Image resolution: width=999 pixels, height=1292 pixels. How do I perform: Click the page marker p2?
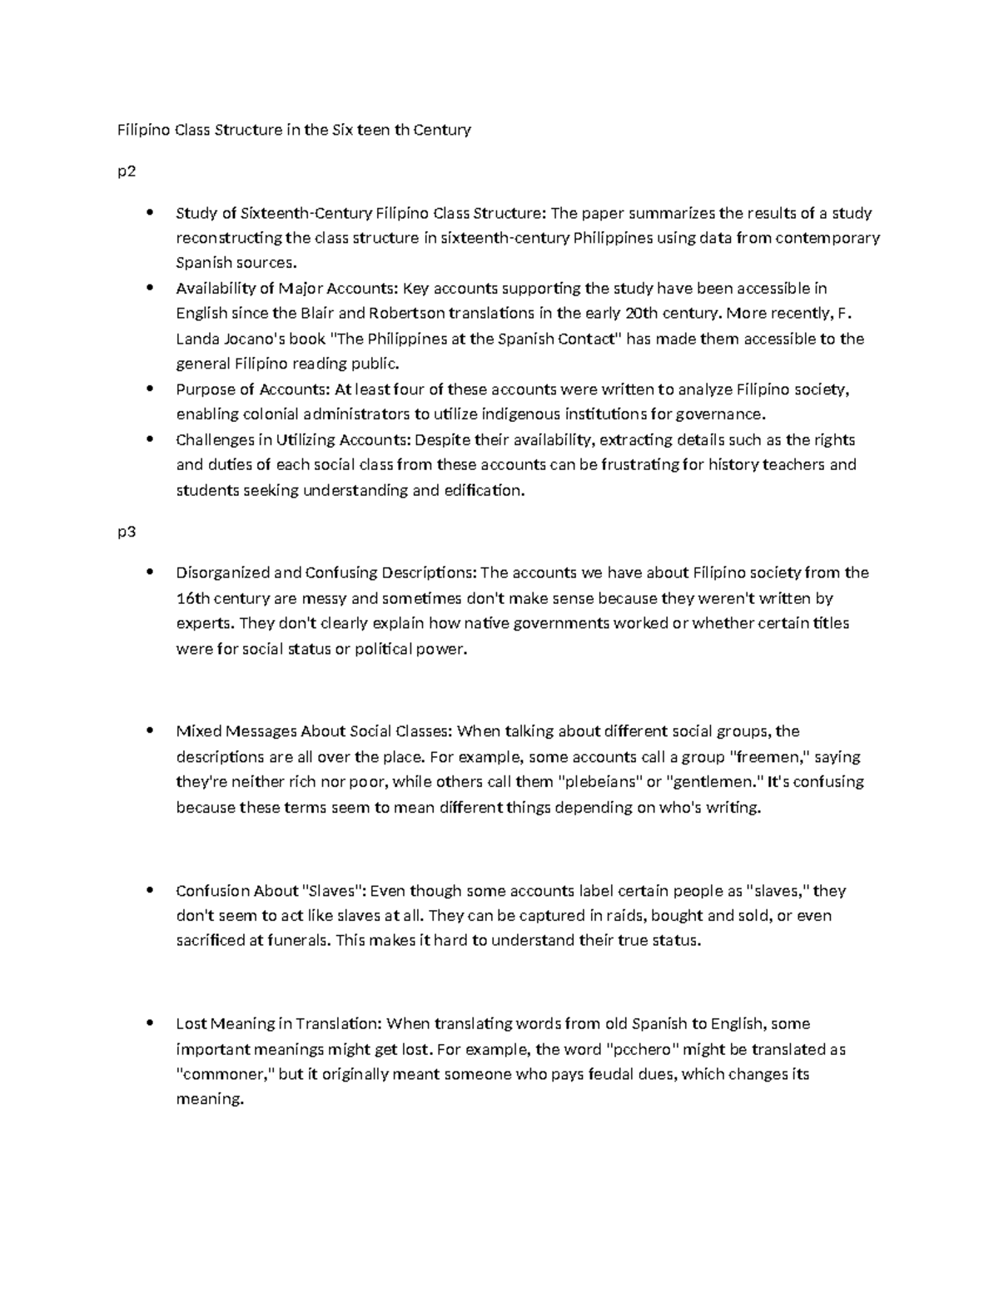127,172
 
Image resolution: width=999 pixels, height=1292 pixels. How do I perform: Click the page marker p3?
127,532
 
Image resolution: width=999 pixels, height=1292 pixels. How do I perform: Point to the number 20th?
629,314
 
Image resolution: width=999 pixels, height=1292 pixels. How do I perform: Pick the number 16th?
192,598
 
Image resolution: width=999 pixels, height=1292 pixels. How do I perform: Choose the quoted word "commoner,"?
225,1074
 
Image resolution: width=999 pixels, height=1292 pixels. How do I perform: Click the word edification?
485,490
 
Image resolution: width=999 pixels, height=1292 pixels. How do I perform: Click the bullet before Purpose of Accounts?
150,389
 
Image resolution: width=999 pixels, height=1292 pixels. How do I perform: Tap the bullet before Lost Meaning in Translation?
150,1023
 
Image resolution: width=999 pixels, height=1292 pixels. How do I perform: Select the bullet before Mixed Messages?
150,731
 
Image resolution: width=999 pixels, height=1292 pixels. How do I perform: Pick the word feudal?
611,1074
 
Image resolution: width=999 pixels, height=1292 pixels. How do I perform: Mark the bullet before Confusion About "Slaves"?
150,890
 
